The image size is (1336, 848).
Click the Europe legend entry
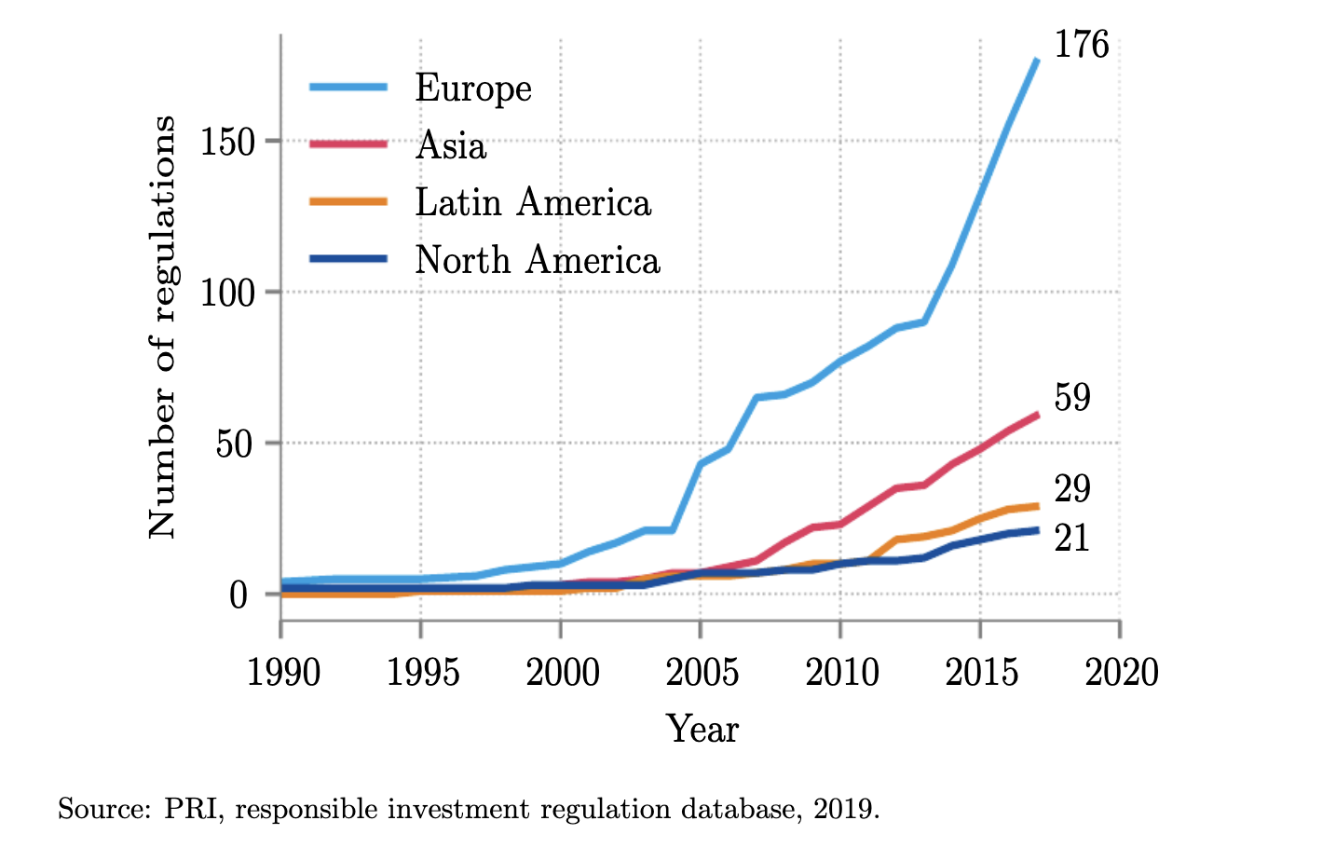[472, 89]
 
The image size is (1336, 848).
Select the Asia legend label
[451, 146]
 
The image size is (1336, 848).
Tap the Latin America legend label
[532, 203]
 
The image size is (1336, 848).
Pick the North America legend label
[537, 261]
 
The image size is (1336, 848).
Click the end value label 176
[1081, 45]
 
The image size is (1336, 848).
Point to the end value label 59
[1071, 398]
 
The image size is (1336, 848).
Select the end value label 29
[1071, 489]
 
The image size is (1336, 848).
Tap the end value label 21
[1071, 539]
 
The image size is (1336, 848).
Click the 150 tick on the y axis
[227, 143]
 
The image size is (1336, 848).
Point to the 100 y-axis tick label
[227, 294]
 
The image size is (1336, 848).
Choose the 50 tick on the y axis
[234, 445]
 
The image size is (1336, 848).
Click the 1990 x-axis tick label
[283, 672]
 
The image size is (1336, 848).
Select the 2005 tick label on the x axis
[702, 672]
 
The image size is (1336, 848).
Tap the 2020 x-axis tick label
[1122, 672]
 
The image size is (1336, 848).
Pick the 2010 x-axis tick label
[842, 672]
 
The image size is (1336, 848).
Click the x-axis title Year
[702, 729]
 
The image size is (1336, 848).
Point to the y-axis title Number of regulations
[162, 326]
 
